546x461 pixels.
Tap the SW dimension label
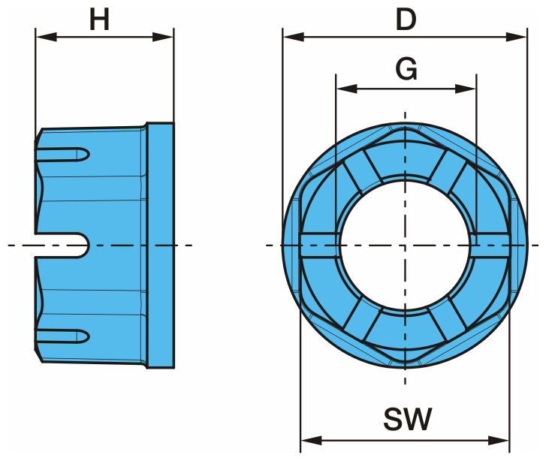pos(406,420)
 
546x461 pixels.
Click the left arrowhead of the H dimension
pos(42,36)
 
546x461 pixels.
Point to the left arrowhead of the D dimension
pos(290,36)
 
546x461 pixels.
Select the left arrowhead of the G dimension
pos(342,88)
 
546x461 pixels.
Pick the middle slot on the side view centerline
pos(63,245)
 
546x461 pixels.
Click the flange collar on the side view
pos(160,245)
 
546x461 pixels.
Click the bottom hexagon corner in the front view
pos(406,365)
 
